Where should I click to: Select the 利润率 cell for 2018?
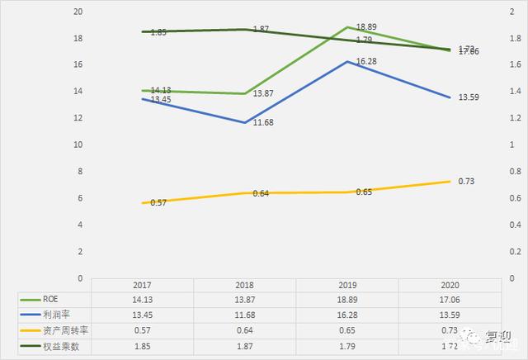(x=244, y=315)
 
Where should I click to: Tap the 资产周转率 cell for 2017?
(x=142, y=329)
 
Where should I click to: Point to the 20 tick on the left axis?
(x=78, y=12)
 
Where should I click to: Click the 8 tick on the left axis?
(x=81, y=172)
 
